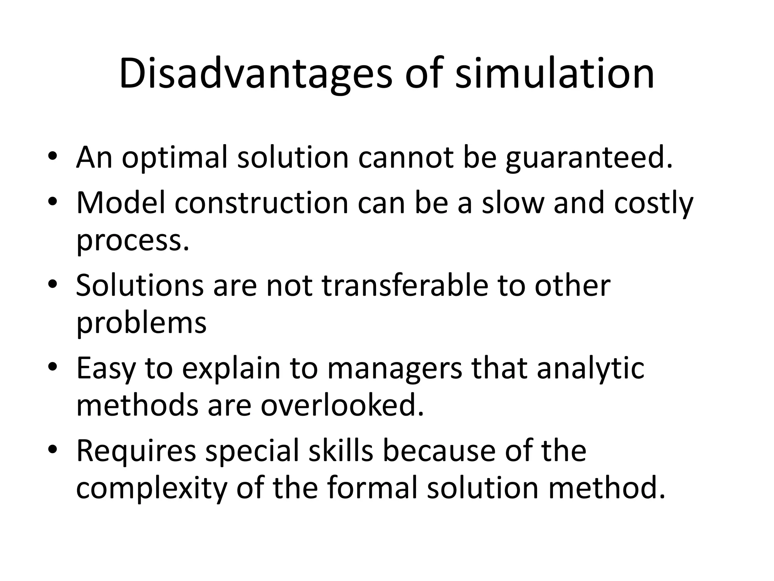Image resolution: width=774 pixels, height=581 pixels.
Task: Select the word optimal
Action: coord(175,158)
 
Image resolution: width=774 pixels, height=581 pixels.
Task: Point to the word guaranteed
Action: coord(589,158)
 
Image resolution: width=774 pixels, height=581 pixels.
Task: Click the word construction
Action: coord(262,203)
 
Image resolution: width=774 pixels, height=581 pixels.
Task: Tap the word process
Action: coord(133,241)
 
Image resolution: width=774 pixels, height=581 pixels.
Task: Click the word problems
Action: coord(141,323)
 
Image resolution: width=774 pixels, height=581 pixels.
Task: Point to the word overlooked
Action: coord(342,405)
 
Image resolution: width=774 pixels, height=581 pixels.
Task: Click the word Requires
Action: coord(136,451)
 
